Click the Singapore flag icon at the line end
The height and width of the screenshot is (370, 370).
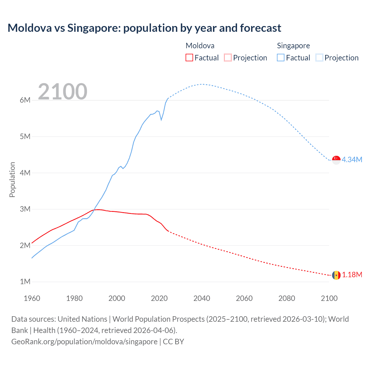point(336,160)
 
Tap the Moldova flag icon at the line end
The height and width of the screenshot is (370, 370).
point(336,275)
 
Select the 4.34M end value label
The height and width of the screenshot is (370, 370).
point(352,160)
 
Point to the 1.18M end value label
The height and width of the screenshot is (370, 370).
point(352,275)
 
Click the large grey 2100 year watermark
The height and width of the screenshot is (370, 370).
point(62,92)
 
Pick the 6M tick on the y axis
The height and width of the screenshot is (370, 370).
point(25,100)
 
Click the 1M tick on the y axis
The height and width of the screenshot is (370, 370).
point(25,282)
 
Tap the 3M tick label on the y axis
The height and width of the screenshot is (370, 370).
point(25,209)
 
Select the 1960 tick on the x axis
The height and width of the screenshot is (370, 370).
point(32,298)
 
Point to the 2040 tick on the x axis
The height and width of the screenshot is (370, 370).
point(202,298)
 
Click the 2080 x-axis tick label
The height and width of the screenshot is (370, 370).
point(287,298)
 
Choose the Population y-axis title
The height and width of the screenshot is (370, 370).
point(12,180)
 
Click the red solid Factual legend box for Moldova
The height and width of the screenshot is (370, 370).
point(189,58)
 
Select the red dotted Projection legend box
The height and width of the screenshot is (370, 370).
point(228,58)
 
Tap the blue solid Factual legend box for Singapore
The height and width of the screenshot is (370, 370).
point(281,58)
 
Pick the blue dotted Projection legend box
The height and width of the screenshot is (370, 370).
point(319,58)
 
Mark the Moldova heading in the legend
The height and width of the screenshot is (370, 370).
point(200,46)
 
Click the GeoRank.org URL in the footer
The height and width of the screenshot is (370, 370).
point(84,342)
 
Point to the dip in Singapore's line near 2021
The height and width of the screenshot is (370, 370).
point(161,119)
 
